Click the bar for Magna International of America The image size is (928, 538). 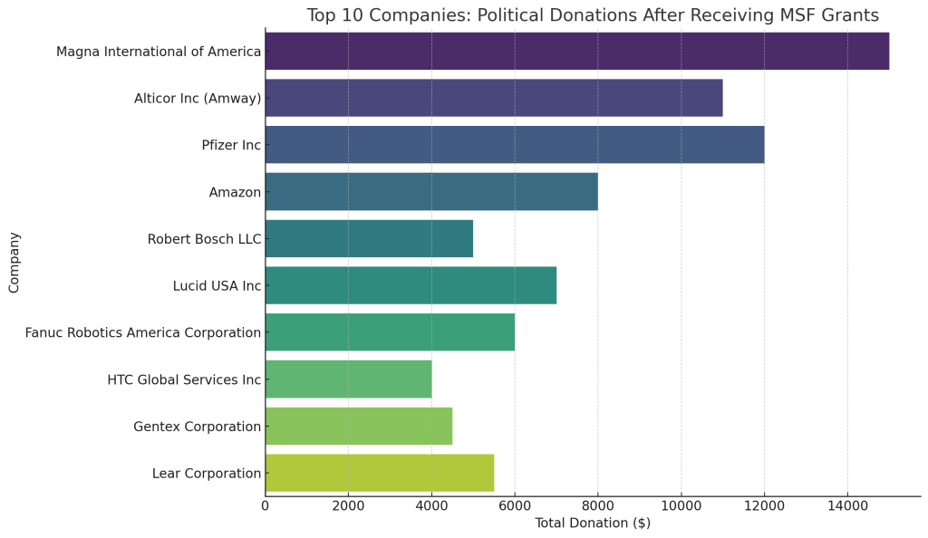coord(576,51)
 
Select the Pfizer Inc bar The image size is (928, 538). coord(514,145)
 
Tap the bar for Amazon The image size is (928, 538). coord(431,192)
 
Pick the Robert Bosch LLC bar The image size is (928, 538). coord(369,239)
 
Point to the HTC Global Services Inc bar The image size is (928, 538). coord(348,379)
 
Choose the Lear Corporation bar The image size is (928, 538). coord(379,473)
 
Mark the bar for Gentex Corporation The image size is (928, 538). coord(358,426)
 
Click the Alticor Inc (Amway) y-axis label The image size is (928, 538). coord(198,98)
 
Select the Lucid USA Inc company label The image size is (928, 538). coord(217,286)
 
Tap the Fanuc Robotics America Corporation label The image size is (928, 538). coord(143,332)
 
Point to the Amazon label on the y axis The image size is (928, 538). coord(235,192)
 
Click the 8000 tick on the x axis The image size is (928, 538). coord(598,505)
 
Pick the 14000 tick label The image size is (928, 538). coord(847,505)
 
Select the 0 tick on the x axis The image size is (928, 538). coord(266,505)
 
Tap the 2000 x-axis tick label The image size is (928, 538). coord(348,505)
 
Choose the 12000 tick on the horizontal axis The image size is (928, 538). coord(764,505)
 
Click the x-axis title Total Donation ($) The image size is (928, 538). coord(593,524)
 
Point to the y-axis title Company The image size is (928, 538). coord(14,263)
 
